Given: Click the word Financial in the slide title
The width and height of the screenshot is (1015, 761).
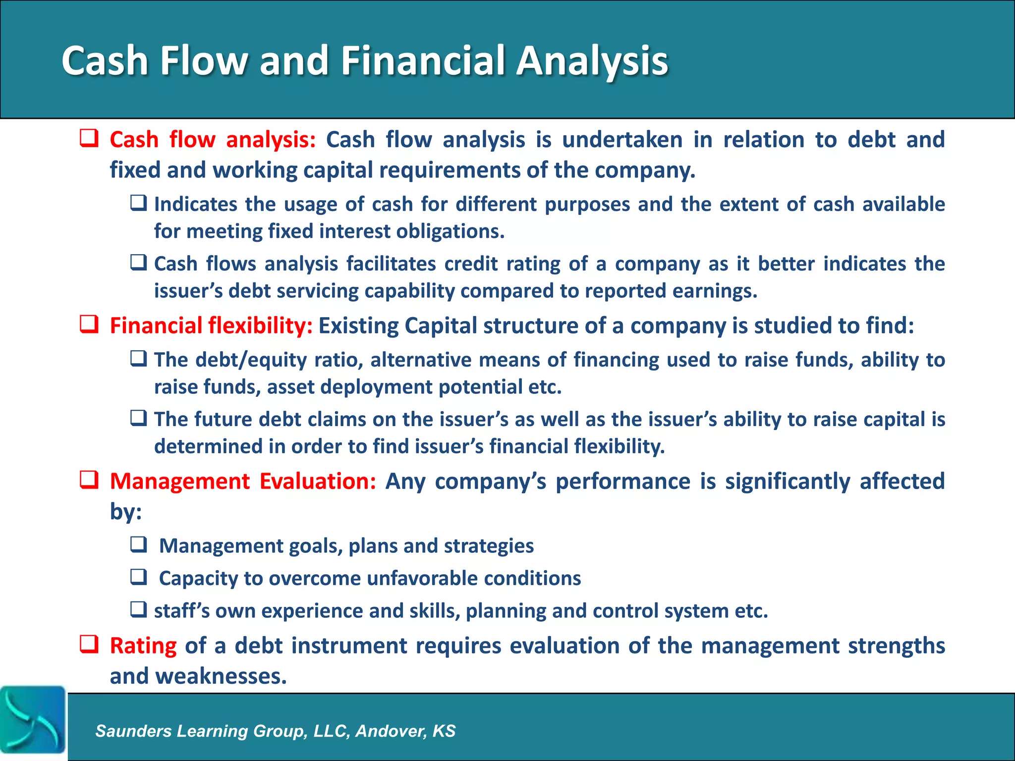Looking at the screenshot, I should pos(422,60).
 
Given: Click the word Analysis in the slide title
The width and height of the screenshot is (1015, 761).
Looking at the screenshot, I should pos(592,60).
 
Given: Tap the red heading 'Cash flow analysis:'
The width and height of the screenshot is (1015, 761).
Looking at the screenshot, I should pos(213,140).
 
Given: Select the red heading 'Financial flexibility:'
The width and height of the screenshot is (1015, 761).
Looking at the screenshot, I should pos(211,326).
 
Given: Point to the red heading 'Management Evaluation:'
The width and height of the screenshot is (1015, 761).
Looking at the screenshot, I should pos(243,481).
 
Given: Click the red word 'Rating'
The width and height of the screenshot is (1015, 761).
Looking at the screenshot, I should pos(143,646).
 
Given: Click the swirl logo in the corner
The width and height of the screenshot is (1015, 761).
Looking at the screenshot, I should pos(32,719).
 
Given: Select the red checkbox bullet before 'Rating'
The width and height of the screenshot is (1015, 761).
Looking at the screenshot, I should pos(89,645).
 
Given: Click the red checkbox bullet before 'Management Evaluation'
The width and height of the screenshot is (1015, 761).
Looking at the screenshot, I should pos(89,480).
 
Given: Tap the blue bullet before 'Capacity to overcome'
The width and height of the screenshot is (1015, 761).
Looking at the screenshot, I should pos(138,577).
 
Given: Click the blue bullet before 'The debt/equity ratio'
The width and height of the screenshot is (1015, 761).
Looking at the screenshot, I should pos(138,358).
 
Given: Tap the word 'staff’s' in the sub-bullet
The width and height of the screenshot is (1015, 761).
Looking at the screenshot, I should pos(181,611).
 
